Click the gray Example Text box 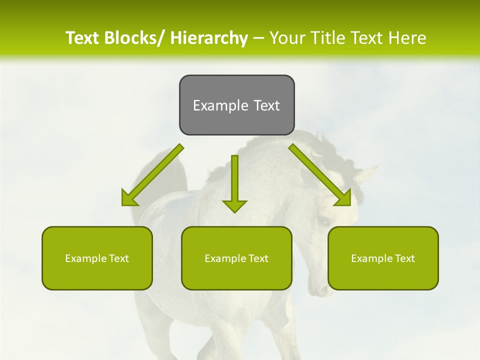pyautogui.click(x=236, y=105)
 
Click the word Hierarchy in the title pyautogui.click(x=209, y=38)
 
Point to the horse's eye pyautogui.click(x=322, y=220)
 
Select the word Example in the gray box pyautogui.click(x=213, y=105)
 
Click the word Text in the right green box pyautogui.click(x=404, y=258)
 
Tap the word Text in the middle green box pyautogui.click(x=258, y=258)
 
